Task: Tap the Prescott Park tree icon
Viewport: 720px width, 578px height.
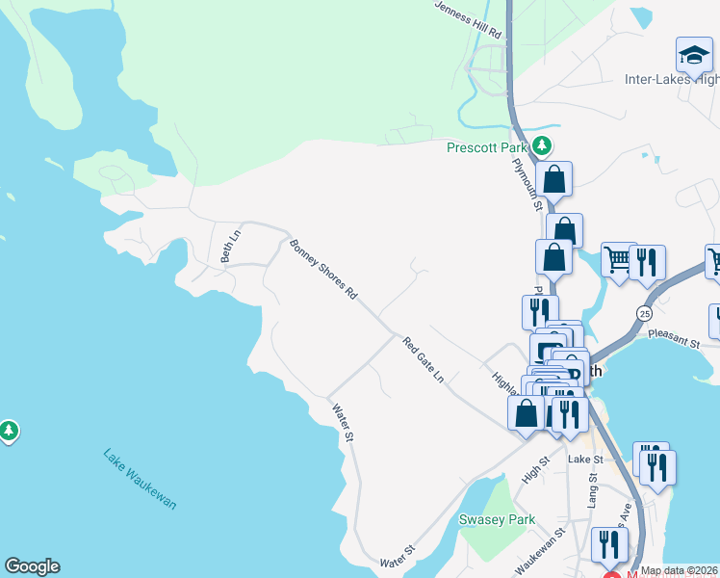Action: (543, 146)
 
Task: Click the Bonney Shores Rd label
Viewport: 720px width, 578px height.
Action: (323, 269)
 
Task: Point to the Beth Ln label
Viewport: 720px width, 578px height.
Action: (229, 247)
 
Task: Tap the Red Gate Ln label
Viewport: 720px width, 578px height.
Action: (424, 360)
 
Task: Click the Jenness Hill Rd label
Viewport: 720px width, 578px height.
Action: (469, 18)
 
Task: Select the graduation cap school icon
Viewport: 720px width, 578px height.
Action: (693, 55)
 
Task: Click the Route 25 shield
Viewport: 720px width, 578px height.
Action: (644, 313)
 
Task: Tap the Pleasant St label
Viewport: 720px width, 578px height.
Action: (674, 339)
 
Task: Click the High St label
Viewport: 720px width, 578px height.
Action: (534, 469)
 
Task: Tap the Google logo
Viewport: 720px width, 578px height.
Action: (32, 566)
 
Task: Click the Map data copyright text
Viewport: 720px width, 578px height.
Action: (679, 570)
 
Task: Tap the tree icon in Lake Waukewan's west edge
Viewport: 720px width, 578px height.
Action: (9, 430)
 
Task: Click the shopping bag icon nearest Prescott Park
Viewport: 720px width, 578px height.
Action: (554, 179)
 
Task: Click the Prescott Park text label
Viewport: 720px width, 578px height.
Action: (488, 147)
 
